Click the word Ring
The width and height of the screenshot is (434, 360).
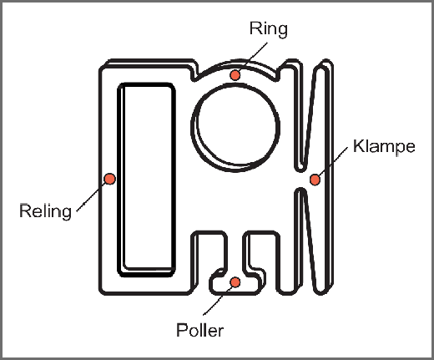269,29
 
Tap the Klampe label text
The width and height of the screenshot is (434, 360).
384,146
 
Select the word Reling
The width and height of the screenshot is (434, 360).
45,211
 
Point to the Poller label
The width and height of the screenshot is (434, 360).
199,330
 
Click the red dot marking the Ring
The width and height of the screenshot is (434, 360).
235,75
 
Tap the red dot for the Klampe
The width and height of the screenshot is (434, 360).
315,180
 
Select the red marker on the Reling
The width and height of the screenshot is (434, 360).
110,179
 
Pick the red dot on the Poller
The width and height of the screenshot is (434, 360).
235,282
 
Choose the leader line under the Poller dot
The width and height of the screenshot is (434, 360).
218,300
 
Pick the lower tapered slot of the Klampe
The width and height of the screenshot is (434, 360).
310,240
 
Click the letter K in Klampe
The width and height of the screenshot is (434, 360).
359,145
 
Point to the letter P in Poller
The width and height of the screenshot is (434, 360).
182,330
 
